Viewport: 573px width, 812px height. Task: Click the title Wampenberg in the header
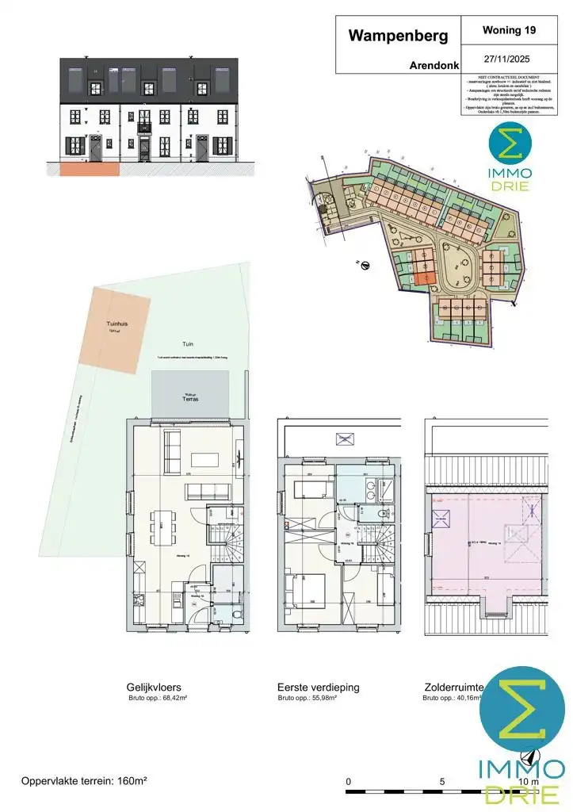click(398, 36)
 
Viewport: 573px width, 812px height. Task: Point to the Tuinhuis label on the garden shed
click(117, 324)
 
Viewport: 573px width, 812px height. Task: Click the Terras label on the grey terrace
click(189, 400)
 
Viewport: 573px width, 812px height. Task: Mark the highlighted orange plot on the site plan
click(423, 278)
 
